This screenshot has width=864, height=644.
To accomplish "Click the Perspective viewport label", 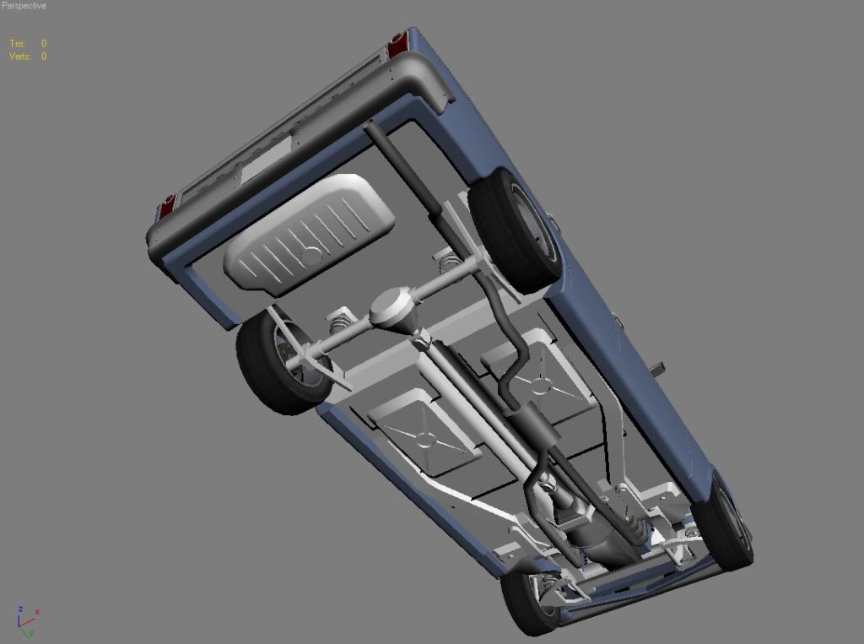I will click(x=24, y=6).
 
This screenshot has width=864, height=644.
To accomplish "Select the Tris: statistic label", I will click(x=17, y=43).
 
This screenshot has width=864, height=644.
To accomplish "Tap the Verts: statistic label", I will click(x=20, y=57).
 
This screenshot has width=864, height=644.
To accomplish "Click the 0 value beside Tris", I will click(x=44, y=43).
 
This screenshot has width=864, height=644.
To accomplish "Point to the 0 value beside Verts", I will click(x=44, y=57).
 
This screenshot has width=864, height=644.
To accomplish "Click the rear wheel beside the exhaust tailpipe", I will click(x=509, y=230).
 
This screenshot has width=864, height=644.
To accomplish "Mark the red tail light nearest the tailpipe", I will click(x=396, y=44).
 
